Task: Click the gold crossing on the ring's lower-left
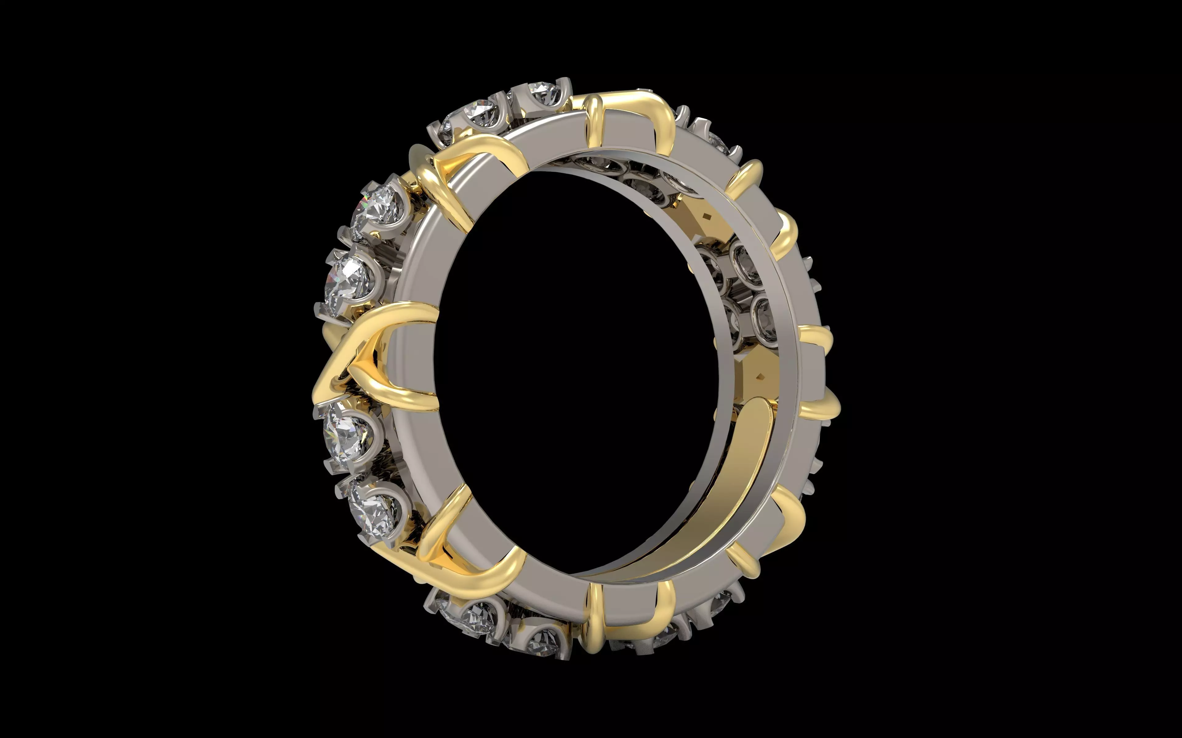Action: [459, 551]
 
